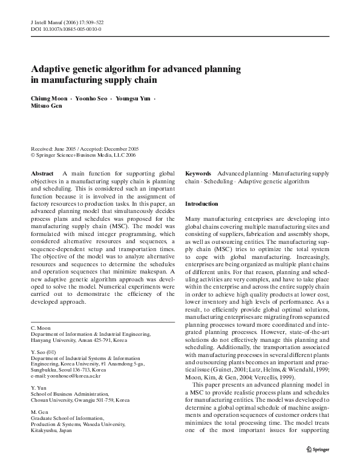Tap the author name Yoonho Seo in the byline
click(x=93, y=98)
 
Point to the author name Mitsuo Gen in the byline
click(x=46, y=106)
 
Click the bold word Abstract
click(x=41, y=173)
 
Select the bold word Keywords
click(x=198, y=173)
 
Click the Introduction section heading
click(x=201, y=204)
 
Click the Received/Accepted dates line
click(x=85, y=148)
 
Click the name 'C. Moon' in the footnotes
click(x=41, y=327)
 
